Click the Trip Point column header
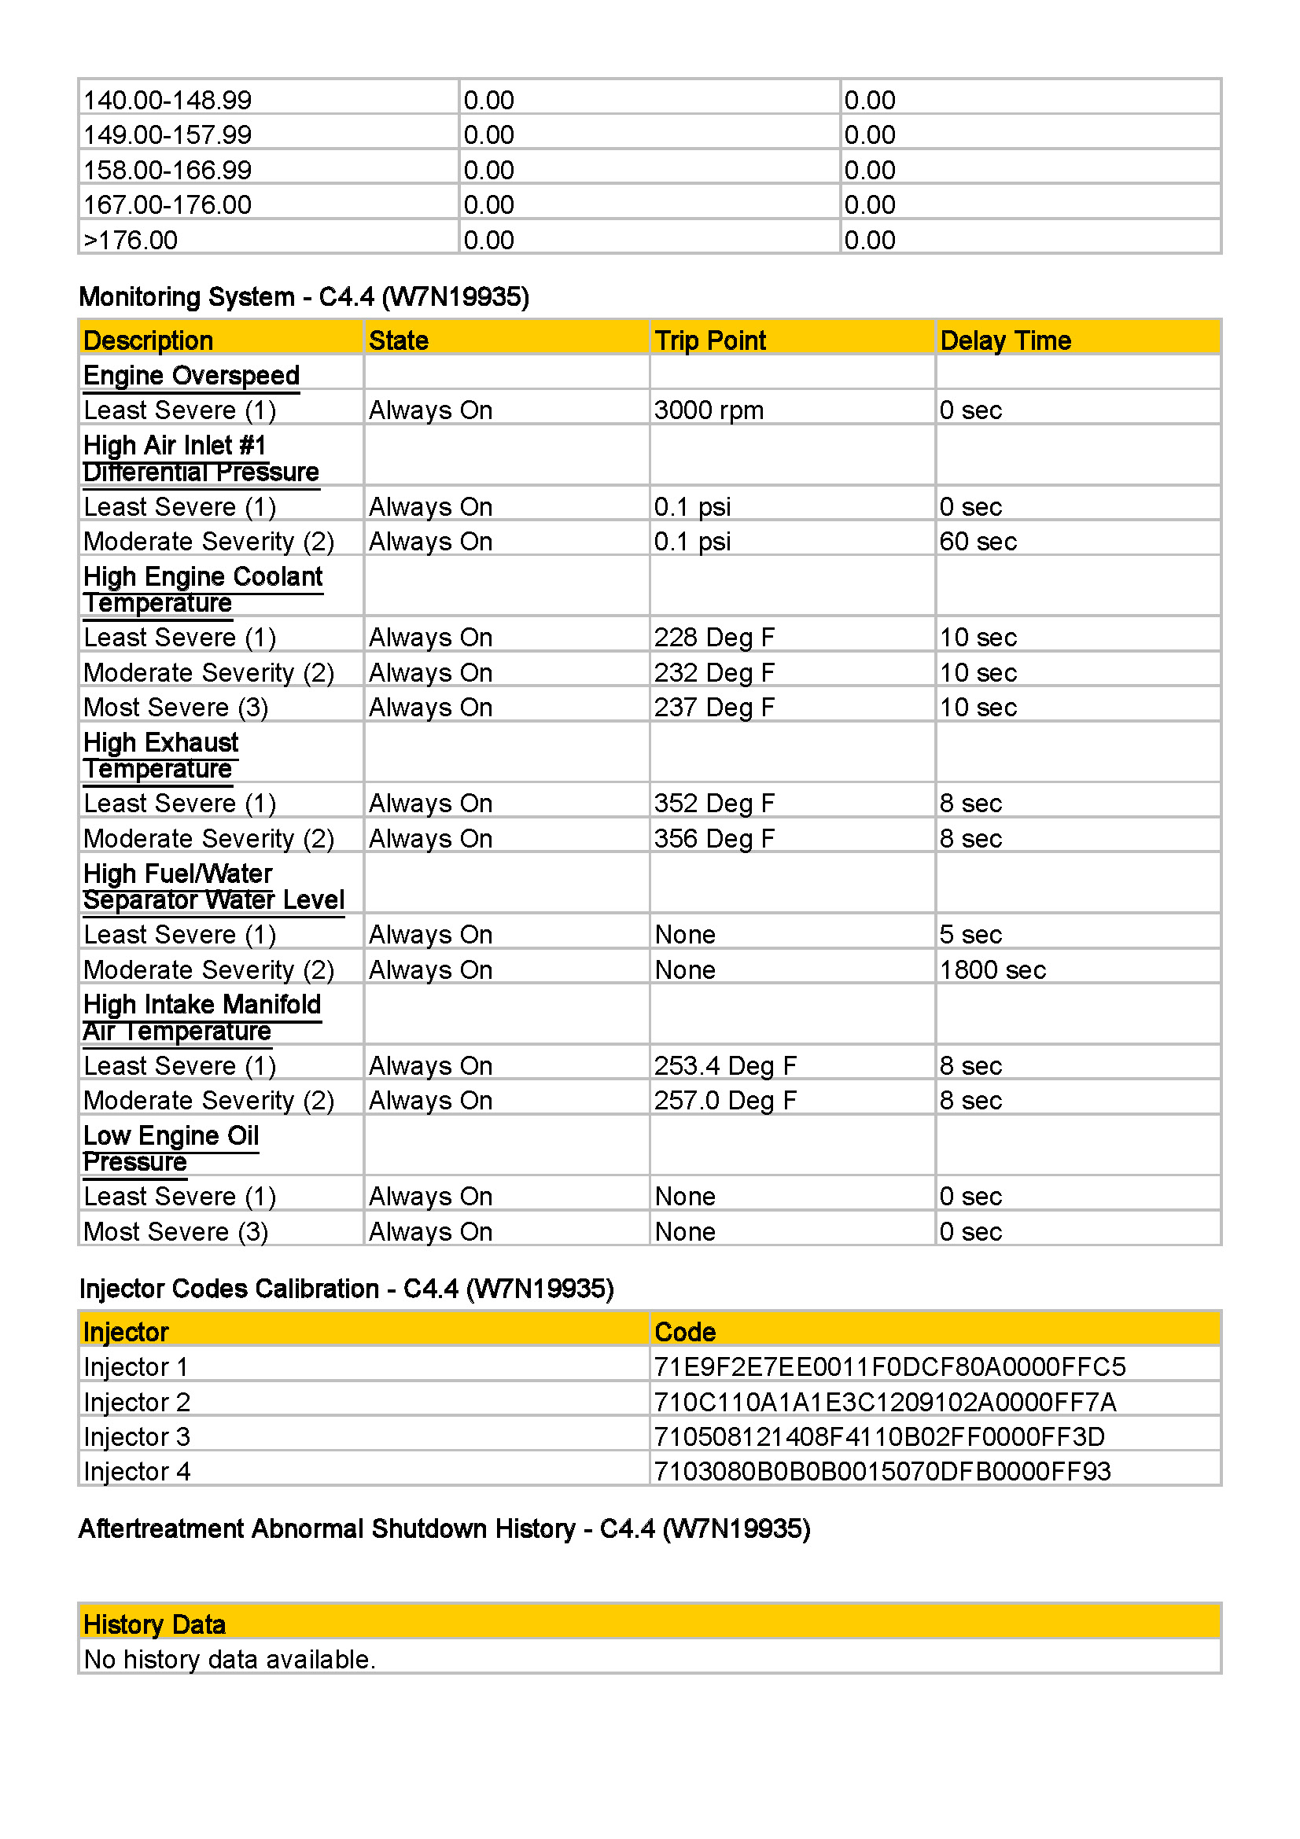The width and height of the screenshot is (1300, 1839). pyautogui.click(x=709, y=340)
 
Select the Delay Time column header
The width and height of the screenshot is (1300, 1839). pyautogui.click(x=1004, y=340)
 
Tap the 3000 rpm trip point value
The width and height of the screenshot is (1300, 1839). pyautogui.click(x=708, y=410)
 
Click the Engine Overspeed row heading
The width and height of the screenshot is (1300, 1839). pyautogui.click(x=191, y=375)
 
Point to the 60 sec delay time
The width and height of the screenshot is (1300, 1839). pyautogui.click(x=978, y=542)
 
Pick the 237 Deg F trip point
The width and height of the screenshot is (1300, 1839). pyautogui.click(x=713, y=708)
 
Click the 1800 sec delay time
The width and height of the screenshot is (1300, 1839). pyautogui.click(x=992, y=970)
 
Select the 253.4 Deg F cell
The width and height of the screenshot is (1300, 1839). pyautogui.click(x=725, y=1066)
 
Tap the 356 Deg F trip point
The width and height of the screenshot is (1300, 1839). pyautogui.click(x=713, y=839)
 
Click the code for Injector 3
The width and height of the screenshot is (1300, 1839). pyautogui.click(x=878, y=1437)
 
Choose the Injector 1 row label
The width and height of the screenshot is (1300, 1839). pyautogui.click(x=135, y=1367)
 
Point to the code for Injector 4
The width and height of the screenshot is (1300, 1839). pyautogui.click(x=882, y=1471)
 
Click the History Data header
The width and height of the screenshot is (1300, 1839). pyautogui.click(x=155, y=1624)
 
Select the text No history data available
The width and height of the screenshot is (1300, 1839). pyautogui.click(x=229, y=1660)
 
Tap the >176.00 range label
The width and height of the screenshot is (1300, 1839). pyautogui.click(x=131, y=241)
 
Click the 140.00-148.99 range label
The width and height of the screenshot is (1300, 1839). pyautogui.click(x=168, y=100)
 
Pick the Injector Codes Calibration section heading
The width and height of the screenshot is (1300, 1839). pyautogui.click(x=346, y=1289)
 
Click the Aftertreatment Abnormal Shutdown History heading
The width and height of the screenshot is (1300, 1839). pyautogui.click(x=444, y=1528)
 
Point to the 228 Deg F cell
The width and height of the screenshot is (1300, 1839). pyautogui.click(x=713, y=638)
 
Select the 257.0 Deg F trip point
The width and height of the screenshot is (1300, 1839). pyautogui.click(x=725, y=1101)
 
